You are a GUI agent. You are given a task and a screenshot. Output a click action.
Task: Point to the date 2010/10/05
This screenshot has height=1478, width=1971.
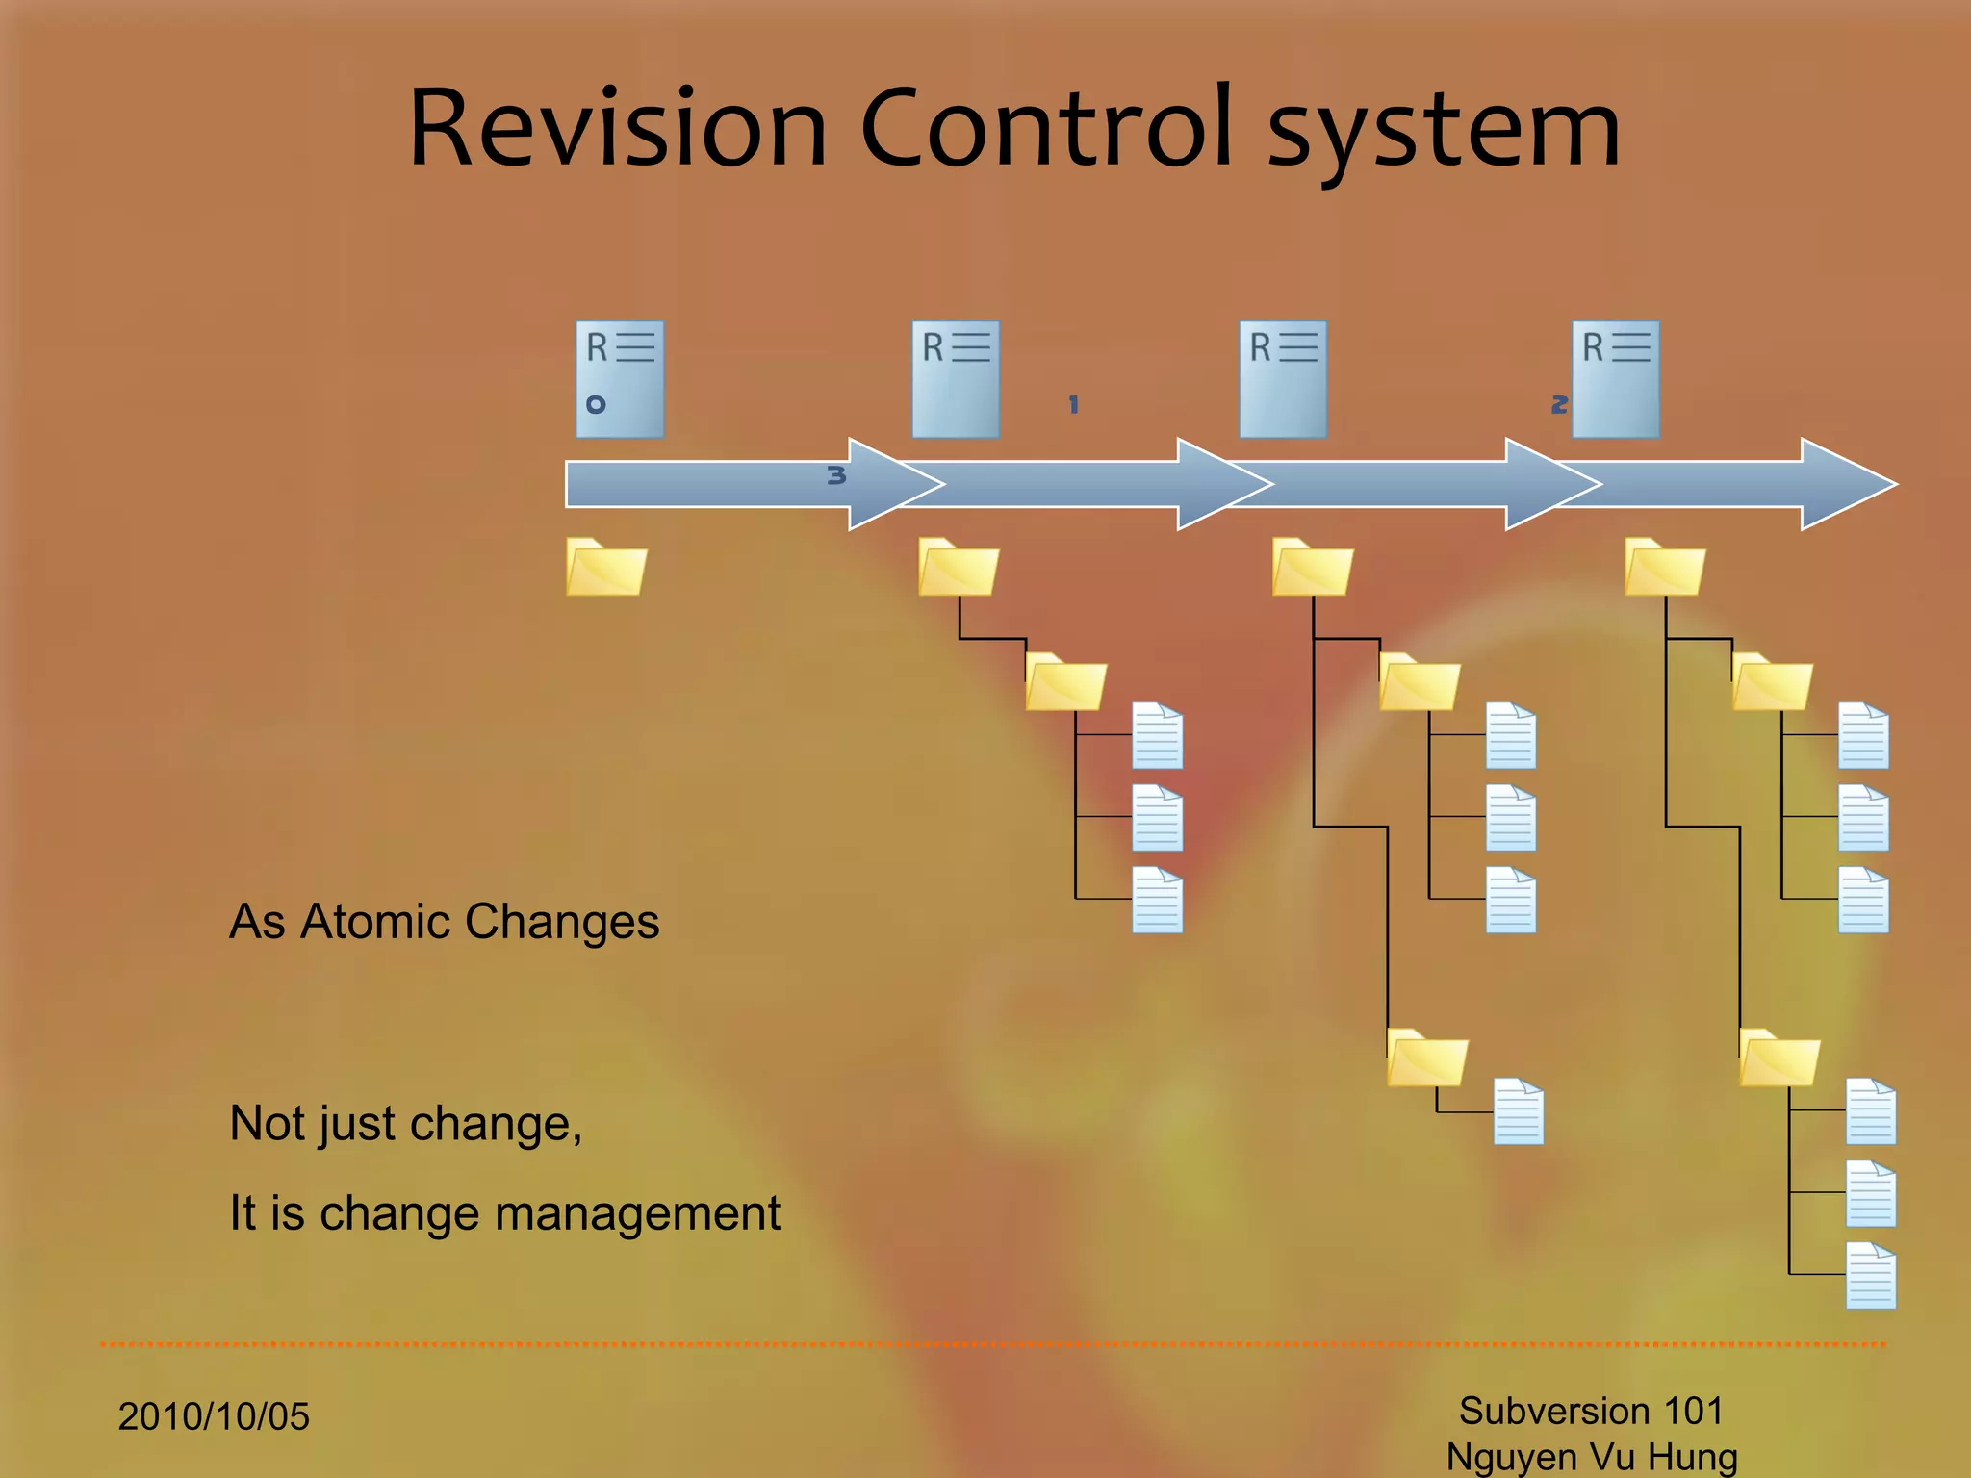click(214, 1416)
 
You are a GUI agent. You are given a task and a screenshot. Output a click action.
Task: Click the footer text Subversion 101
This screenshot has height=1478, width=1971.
click(1591, 1411)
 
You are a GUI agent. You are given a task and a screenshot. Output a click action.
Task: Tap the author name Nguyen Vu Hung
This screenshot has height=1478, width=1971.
click(1592, 1457)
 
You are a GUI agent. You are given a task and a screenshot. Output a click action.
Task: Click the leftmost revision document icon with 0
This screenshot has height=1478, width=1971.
click(620, 379)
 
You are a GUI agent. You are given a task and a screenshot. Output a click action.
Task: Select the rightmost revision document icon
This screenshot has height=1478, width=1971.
click(1616, 379)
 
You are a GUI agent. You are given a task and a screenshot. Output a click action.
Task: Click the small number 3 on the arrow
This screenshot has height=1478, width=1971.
click(836, 475)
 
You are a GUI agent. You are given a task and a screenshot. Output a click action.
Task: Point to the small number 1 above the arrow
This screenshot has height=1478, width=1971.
click(1074, 404)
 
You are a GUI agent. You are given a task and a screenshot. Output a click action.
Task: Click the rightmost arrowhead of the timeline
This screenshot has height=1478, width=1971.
click(1848, 484)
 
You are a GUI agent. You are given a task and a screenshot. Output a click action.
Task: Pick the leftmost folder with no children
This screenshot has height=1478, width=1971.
click(606, 568)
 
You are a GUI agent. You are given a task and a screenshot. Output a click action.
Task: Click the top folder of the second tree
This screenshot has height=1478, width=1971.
click(959, 568)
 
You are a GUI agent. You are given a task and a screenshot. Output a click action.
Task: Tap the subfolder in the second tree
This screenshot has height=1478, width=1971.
click(1065, 682)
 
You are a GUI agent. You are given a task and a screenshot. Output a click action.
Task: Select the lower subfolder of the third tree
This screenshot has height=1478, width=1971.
click(1427, 1058)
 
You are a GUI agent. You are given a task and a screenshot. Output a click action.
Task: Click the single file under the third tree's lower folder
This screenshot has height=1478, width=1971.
click(1519, 1111)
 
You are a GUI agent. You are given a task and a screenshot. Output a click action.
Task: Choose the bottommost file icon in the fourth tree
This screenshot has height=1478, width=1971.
click(1871, 1276)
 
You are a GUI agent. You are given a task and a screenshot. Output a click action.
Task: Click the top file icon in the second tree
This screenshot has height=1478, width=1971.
click(1157, 736)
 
